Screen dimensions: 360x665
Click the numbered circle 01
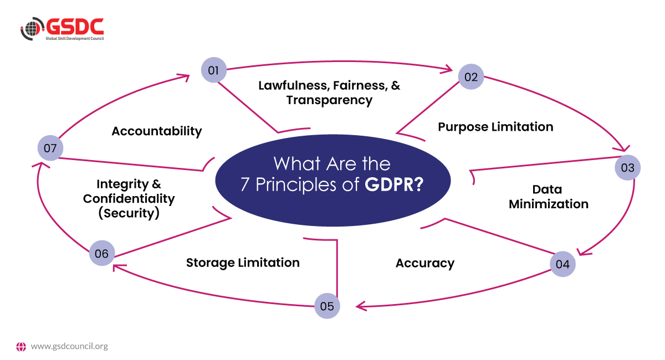click(214, 70)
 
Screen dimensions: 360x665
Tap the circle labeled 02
click(471, 77)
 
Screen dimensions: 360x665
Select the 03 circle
click(627, 167)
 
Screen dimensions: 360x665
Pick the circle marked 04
click(562, 264)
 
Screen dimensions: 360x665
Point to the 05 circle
click(327, 306)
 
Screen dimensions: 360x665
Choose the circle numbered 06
click(102, 254)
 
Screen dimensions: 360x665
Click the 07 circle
click(50, 148)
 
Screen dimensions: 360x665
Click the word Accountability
click(157, 131)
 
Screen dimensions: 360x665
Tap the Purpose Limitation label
click(495, 127)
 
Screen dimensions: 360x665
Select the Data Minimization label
click(548, 197)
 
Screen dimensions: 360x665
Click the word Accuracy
click(425, 263)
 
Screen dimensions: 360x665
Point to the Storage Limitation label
click(243, 263)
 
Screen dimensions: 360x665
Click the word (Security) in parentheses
click(129, 213)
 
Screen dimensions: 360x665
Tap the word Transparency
click(329, 100)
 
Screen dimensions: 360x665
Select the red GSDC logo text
click(75, 26)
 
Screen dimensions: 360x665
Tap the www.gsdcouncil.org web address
click(69, 347)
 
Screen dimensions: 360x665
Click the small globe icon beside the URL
click(21, 347)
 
